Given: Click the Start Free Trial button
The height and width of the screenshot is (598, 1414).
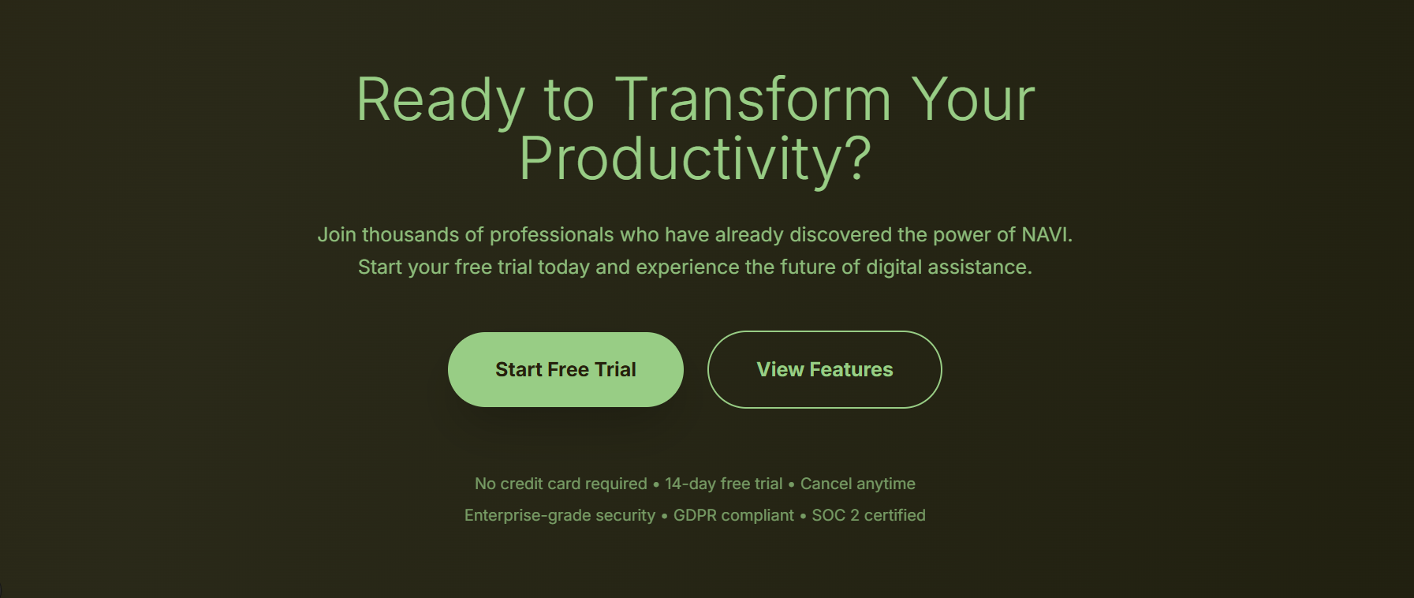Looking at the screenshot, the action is [x=565, y=369].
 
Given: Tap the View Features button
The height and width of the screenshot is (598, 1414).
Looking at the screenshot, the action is [x=825, y=369].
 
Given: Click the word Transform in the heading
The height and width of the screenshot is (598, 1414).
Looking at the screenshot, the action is [x=753, y=100].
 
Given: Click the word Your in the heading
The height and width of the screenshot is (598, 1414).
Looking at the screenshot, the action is [x=973, y=100].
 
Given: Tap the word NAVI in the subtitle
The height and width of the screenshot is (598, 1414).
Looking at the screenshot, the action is [x=1047, y=235].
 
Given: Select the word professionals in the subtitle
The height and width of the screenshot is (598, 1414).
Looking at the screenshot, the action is [x=552, y=235].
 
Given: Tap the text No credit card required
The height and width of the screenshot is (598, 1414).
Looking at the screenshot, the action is [x=561, y=484].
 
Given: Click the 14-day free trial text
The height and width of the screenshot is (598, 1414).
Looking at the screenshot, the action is [x=724, y=484].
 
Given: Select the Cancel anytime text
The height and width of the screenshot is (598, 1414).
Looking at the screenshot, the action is [x=858, y=484].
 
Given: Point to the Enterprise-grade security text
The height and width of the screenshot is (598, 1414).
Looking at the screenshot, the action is [x=560, y=515].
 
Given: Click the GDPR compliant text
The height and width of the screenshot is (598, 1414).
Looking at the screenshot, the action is [x=733, y=515].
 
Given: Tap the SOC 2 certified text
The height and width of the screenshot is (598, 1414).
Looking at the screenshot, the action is [x=869, y=515].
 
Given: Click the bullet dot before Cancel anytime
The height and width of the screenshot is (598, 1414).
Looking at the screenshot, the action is [x=792, y=485].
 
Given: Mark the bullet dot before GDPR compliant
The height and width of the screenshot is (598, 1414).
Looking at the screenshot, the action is [x=664, y=517].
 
